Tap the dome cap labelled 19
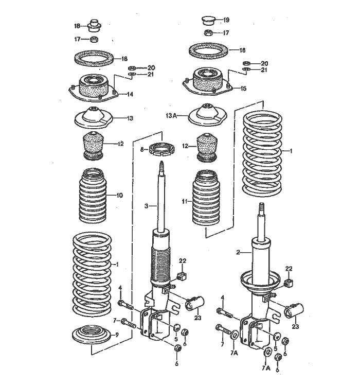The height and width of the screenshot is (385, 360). click(208, 21)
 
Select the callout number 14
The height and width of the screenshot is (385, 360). click(130, 94)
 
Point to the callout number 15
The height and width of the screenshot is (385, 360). click(243, 89)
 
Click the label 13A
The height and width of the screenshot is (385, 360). click(171, 116)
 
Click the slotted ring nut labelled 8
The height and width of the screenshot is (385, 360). click(159, 150)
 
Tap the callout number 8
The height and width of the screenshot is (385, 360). click(142, 150)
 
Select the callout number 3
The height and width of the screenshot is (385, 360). click(146, 206)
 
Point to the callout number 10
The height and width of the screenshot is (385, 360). click(119, 195)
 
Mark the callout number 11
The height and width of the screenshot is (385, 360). click(184, 201)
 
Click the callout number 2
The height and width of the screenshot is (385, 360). click(238, 253)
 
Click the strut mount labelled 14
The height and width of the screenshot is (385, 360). click(93, 87)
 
